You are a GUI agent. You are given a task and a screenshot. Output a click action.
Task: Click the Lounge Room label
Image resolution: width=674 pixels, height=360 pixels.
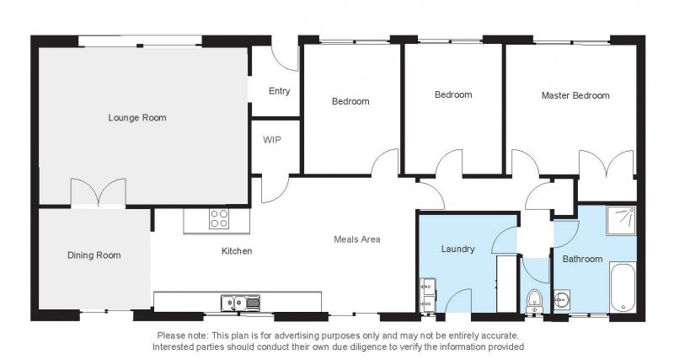137,117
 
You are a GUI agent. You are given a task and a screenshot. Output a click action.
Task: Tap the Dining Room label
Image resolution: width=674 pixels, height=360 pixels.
94,255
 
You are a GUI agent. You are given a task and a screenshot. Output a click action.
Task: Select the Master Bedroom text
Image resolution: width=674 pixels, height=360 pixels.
575,95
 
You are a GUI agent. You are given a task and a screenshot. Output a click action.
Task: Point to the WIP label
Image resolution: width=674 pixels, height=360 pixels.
271,140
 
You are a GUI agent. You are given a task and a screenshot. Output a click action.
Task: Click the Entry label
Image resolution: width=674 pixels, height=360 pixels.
280,91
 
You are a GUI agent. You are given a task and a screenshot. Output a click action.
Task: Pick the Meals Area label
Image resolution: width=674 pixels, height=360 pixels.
357,239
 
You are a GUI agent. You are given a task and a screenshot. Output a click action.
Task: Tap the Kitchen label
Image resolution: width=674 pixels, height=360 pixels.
237,250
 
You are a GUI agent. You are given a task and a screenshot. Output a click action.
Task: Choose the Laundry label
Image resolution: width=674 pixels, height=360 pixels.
457,249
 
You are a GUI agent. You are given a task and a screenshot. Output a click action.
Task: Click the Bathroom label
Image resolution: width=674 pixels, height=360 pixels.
582,259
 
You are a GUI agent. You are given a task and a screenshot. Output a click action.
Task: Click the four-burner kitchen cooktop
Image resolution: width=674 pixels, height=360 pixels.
219,218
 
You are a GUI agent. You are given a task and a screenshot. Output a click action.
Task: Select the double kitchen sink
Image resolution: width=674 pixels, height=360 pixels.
241,303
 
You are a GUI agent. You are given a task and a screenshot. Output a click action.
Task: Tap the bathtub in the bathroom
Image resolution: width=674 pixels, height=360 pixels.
623,287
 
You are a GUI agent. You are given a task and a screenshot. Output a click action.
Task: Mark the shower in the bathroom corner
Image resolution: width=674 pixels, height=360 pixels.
621,221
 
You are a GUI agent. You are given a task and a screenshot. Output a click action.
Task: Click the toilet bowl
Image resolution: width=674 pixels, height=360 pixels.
535,300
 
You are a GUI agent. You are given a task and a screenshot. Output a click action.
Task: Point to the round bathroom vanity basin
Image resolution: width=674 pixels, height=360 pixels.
562,299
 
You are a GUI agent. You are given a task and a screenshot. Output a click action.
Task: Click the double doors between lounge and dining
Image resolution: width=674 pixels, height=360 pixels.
99,193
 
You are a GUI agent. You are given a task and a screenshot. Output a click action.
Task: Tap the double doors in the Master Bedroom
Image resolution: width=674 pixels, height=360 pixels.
606,164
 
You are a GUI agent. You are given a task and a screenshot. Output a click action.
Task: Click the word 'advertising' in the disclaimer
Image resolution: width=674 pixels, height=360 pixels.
297,336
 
